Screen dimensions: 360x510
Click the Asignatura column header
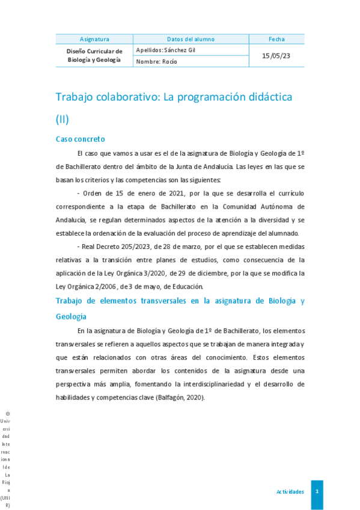point(94,39)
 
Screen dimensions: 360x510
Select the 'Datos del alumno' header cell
point(191,39)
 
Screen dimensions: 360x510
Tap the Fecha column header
point(276,39)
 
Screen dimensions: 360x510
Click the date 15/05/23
point(276,55)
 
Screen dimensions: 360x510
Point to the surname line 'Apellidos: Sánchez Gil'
point(166,50)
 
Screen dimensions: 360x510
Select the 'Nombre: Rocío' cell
point(157,61)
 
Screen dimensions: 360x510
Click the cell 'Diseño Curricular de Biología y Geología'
point(94,55)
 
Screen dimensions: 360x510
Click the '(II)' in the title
point(63,119)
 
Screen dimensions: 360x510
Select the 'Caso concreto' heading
point(81,139)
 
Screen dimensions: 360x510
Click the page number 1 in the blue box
point(317,492)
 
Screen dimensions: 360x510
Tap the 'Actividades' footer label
point(290,492)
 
